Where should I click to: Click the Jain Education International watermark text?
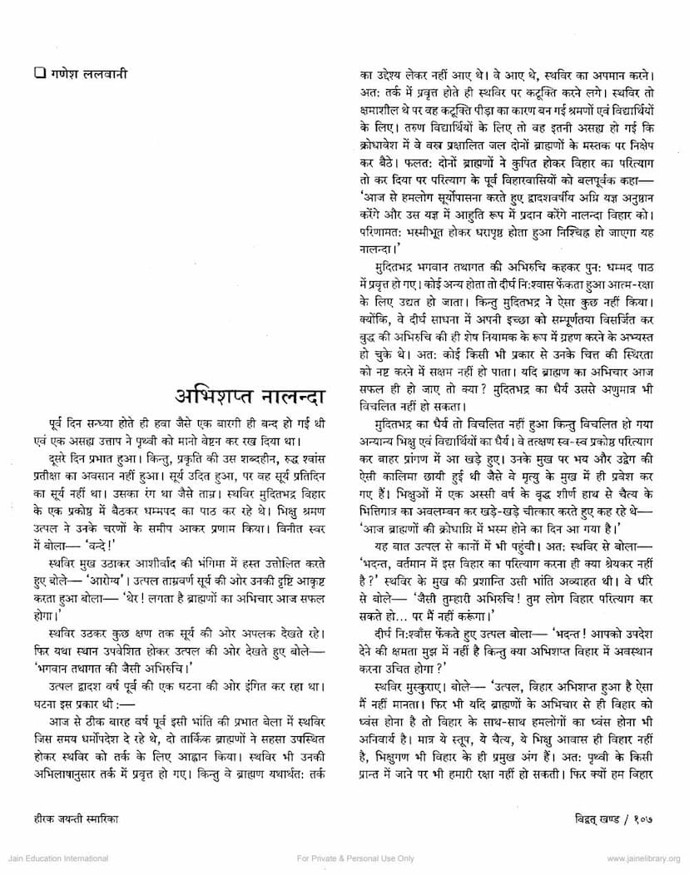54,858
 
